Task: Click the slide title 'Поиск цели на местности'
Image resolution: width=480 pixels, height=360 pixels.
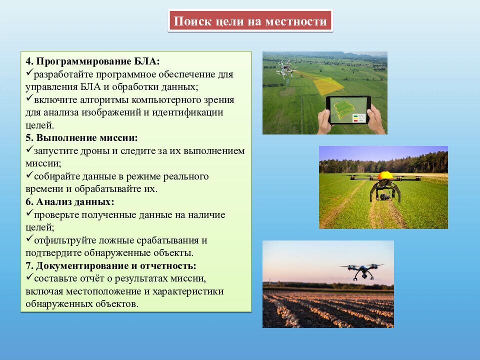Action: click(250, 21)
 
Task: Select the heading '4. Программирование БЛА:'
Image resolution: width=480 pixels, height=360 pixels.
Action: click(93, 61)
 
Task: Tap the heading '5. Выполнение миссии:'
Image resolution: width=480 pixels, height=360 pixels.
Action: click(81, 137)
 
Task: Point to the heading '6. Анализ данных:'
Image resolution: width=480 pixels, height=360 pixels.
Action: click(70, 202)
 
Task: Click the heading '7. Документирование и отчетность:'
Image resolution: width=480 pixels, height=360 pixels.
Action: click(110, 265)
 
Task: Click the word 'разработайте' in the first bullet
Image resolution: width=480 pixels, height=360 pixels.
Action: click(64, 74)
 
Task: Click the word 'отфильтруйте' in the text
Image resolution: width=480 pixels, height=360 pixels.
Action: click(63, 240)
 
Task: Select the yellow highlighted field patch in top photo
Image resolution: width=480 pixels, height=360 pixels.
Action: click(327, 83)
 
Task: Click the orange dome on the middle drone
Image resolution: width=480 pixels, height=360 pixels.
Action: click(385, 175)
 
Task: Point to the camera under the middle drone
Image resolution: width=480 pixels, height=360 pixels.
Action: click(384, 195)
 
